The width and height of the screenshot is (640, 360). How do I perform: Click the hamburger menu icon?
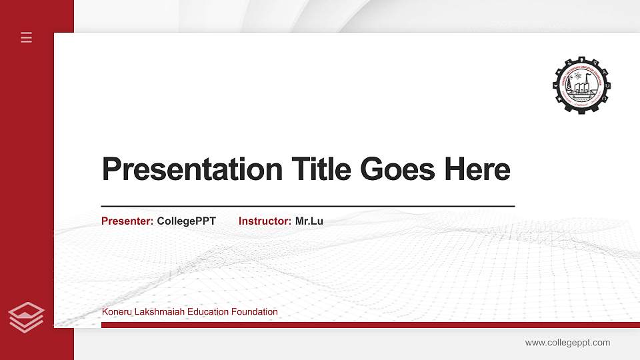click(26, 37)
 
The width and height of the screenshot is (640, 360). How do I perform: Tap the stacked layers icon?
click(26, 317)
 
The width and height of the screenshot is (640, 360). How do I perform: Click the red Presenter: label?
click(127, 221)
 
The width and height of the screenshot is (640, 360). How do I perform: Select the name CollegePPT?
click(186, 221)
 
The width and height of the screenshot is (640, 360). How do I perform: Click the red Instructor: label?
click(265, 221)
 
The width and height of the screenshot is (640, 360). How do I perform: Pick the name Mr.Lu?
click(309, 221)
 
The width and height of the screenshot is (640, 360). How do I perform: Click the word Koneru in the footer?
click(116, 311)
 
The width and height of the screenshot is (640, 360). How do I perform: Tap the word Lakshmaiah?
click(158, 311)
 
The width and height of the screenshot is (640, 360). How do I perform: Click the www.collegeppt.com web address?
click(567, 343)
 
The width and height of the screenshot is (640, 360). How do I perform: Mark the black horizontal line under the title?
click(307, 206)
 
